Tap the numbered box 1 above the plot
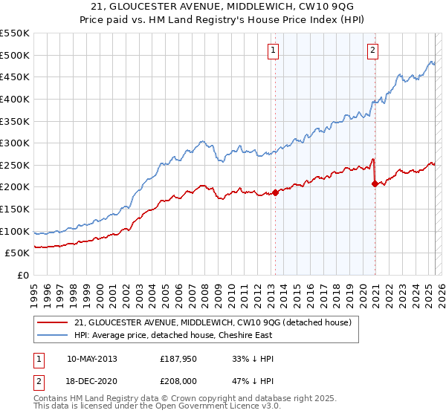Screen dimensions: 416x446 pyautogui.click(x=274, y=51)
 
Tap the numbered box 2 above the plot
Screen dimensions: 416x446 pyautogui.click(x=372, y=51)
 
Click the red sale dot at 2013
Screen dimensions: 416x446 pyautogui.click(x=275, y=192)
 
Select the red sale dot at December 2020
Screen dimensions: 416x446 pyautogui.click(x=375, y=183)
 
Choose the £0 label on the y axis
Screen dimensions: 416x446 pyautogui.click(x=22, y=275)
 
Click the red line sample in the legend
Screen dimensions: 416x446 pyautogui.click(x=54, y=322)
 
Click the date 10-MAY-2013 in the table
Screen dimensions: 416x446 pyautogui.click(x=91, y=359)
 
